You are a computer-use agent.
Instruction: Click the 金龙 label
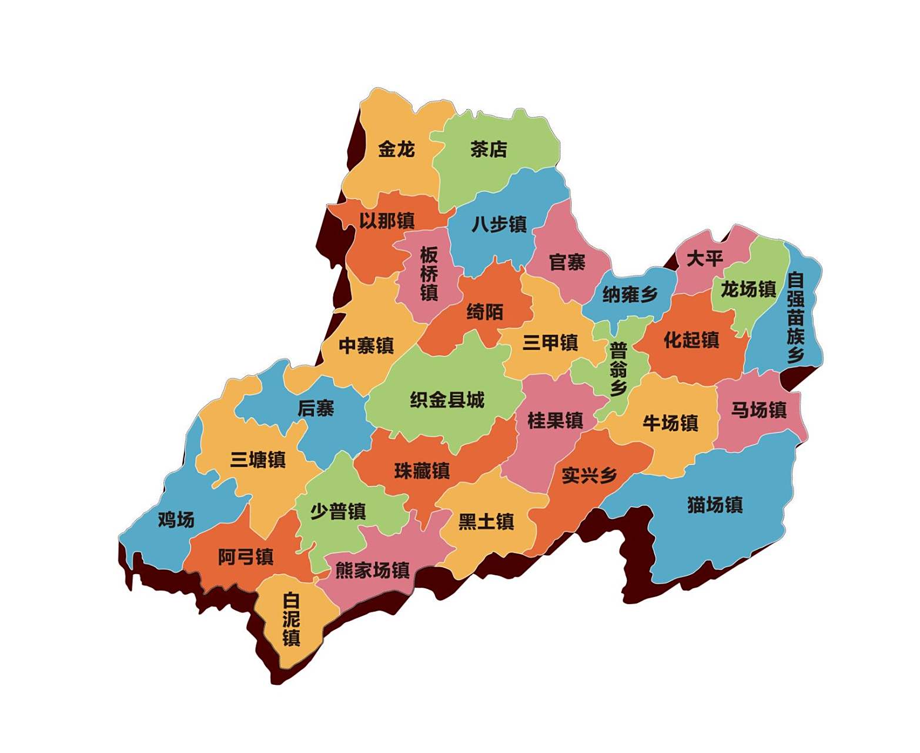coord(396,149)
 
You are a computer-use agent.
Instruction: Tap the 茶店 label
coord(488,149)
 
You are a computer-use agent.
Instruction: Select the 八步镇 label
coord(499,224)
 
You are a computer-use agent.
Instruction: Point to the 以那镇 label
coord(387,221)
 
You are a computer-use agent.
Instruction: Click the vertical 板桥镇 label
coord(429,274)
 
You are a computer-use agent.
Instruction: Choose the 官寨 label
coord(567,262)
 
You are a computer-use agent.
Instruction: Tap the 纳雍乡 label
coord(630,294)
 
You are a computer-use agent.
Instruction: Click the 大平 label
coord(704,258)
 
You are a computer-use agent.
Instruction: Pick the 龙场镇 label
coord(748,289)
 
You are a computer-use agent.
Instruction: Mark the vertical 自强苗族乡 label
coord(795,316)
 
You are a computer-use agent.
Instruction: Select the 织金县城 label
coord(447,400)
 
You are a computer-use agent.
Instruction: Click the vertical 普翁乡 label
coord(618,369)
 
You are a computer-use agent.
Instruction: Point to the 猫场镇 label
coord(715,505)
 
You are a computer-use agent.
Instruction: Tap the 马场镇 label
coord(758,409)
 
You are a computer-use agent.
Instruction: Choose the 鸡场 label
coord(176,519)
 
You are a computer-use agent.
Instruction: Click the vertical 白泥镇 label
coord(291,619)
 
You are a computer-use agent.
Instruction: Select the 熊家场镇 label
coord(372,570)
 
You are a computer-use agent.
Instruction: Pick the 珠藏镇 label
coord(422,471)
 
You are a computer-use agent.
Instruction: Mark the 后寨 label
coord(316,408)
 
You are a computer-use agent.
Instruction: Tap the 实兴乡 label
coord(589,475)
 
